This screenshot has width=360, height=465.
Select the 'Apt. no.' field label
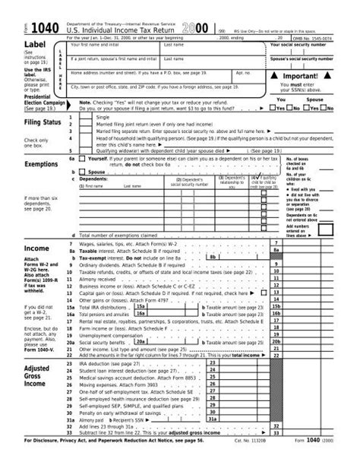[242, 73]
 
